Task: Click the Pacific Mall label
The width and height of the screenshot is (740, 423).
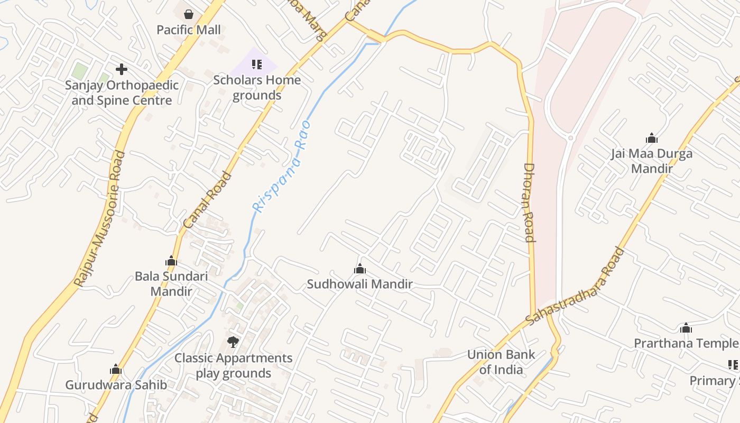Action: [x=189, y=30]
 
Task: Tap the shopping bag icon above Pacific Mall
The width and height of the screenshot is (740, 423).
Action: [x=189, y=14]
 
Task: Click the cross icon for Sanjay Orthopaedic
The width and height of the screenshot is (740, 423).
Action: [x=122, y=69]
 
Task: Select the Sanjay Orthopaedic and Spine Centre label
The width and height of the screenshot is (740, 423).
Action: [x=122, y=93]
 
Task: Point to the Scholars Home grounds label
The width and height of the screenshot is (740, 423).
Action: [x=257, y=88]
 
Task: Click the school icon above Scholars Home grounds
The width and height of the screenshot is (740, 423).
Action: [x=257, y=65]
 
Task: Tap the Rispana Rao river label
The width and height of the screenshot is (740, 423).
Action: [x=281, y=167]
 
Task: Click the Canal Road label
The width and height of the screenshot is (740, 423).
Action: [x=207, y=200]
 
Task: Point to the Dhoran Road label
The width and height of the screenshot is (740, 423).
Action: [x=530, y=202]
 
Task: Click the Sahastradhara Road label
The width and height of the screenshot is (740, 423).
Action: [x=575, y=286]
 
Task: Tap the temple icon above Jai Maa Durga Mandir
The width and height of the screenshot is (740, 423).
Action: [x=652, y=139]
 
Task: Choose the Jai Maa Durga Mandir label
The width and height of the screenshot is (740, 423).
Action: [x=652, y=161]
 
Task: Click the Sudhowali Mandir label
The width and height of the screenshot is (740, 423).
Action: [x=360, y=284]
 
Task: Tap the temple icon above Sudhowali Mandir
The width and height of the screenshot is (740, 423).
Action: [x=360, y=269]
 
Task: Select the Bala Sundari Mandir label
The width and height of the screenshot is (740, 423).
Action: [x=171, y=283]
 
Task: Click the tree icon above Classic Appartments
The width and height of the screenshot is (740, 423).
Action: [x=233, y=342]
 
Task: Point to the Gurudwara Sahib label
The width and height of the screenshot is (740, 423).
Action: [x=116, y=385]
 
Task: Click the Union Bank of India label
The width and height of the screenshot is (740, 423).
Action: [x=501, y=362]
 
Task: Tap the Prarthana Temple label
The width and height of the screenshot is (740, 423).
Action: [x=686, y=343]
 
